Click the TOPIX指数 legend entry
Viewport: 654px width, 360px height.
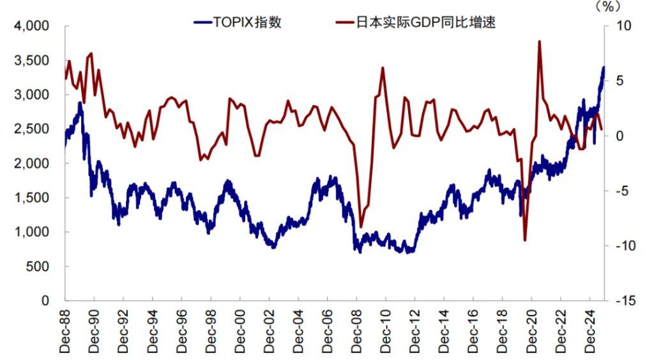tap(238, 22)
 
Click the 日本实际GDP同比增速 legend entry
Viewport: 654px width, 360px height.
tap(416, 22)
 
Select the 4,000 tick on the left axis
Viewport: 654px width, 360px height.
tap(32, 26)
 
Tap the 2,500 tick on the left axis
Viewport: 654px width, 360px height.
tap(32, 129)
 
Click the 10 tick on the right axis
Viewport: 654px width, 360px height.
tap(623, 26)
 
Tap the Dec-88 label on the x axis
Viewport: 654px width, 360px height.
tap(65, 331)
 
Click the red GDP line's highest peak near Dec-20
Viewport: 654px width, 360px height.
tap(540, 41)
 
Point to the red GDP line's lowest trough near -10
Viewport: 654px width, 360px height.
tap(525, 240)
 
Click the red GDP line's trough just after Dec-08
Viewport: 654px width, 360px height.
tap(361, 227)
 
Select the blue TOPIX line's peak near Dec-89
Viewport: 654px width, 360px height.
tap(80, 103)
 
